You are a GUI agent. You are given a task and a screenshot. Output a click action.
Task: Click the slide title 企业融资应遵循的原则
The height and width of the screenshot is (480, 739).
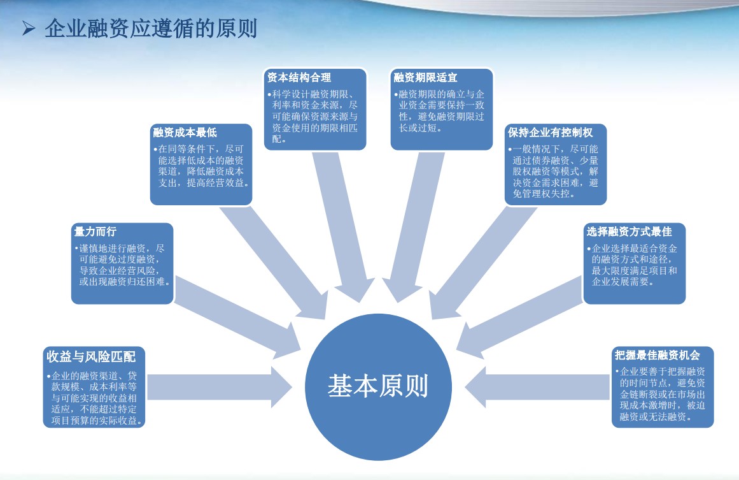coord(151,28)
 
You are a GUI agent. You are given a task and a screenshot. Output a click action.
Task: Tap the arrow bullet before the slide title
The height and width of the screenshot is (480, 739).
coord(29,29)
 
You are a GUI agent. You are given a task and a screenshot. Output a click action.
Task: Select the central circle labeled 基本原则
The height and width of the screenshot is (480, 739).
coord(378,386)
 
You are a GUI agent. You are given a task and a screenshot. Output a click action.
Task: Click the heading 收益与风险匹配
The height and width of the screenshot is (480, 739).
coord(91,357)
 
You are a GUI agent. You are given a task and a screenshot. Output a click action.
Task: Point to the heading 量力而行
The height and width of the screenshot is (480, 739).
coord(95,232)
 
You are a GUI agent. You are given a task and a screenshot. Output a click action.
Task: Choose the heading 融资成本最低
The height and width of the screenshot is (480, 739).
coord(185,133)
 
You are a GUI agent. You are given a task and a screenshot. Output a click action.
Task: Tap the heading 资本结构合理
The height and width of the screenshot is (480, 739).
coord(299,77)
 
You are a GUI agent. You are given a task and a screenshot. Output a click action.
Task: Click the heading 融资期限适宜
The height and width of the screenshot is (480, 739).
coord(426,77)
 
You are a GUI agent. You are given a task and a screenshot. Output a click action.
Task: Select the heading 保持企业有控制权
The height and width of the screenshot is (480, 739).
coord(550,133)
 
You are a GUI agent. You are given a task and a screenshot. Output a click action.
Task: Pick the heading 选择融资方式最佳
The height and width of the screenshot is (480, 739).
coord(629,232)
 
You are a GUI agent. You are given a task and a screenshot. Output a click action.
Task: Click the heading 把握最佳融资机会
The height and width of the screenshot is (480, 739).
coord(657,355)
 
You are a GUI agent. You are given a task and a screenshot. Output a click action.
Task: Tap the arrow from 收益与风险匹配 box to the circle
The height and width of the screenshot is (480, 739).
coord(219,387)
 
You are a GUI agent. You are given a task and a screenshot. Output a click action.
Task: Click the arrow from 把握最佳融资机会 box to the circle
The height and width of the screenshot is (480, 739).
coord(538,387)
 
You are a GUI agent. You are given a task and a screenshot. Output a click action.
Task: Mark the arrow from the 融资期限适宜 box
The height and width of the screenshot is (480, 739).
coord(413,226)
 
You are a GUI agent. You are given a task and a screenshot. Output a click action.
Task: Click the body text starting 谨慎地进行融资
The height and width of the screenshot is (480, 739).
coord(123,265)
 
